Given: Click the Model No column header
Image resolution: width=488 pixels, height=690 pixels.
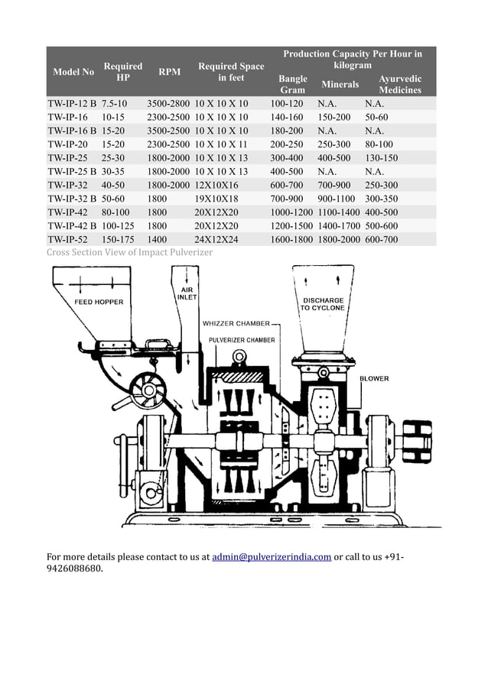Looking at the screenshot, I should coord(73,72).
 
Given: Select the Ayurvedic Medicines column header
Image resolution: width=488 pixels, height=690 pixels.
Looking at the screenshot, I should coord(400,84).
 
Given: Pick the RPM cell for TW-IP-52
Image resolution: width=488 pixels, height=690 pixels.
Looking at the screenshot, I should coord(158,240).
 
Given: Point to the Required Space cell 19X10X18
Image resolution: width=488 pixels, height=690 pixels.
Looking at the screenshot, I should coord(216,199).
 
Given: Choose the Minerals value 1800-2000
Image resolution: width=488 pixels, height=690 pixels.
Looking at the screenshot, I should coord(338,240).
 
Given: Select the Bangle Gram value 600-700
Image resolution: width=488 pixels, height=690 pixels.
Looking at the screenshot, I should coord(287,185).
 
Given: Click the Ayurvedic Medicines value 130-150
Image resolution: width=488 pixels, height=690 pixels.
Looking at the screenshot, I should coord(381,157).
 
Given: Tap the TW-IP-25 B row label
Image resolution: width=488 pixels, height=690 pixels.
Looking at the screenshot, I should coord(72,171).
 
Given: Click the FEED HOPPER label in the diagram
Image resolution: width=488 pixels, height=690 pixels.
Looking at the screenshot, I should coord(99,303).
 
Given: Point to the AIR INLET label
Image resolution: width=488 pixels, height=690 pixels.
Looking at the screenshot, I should coord(187,293).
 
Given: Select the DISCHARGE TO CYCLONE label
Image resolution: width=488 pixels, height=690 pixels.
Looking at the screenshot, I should coord(323,304).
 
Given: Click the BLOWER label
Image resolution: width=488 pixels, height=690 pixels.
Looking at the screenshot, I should coord(374,378).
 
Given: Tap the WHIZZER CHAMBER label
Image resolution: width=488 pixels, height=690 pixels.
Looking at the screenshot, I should coord(236,323).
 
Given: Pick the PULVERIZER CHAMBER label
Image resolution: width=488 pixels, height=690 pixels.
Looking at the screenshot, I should coord(242,340).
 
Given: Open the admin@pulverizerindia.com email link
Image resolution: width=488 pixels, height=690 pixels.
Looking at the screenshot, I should coord(272,557).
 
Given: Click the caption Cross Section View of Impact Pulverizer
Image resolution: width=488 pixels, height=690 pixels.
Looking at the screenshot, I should coord(130,252).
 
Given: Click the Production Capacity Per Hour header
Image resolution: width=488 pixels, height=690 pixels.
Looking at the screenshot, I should coord(353,60).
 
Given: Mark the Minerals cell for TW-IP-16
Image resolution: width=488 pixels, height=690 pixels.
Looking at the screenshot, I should coord(334,117).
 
